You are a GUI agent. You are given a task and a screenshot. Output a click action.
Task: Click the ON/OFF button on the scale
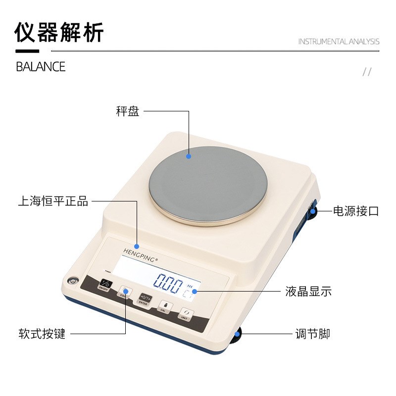click(x=106, y=285)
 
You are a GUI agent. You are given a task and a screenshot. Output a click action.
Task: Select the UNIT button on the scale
click(x=185, y=314)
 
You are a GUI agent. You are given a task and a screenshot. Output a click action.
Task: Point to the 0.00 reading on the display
click(x=166, y=283)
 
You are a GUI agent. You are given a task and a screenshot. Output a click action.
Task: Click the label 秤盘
click(x=128, y=112)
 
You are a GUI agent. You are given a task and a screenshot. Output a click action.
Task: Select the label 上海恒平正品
click(x=53, y=201)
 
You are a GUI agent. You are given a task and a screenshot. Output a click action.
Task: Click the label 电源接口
click(x=355, y=211)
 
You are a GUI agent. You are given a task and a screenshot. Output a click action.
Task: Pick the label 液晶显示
click(x=308, y=292)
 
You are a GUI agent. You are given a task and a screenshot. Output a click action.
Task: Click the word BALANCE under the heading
click(x=41, y=67)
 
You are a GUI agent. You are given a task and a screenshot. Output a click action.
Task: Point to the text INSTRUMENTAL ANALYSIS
click(x=339, y=42)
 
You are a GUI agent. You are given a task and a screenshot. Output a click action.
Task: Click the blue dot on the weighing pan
click(x=189, y=156)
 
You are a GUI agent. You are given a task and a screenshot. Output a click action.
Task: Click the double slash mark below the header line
click(x=367, y=72)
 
